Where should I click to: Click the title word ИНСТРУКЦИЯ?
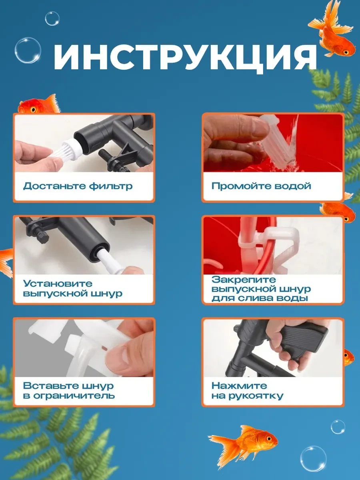point(185,58)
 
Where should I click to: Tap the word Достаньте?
point(55,186)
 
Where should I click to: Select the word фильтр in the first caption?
point(111,186)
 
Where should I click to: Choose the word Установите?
point(58,284)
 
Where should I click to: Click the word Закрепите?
point(244,280)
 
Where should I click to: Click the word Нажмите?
point(239,386)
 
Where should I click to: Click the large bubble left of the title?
point(28,50)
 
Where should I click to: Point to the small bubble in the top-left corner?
point(52,19)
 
